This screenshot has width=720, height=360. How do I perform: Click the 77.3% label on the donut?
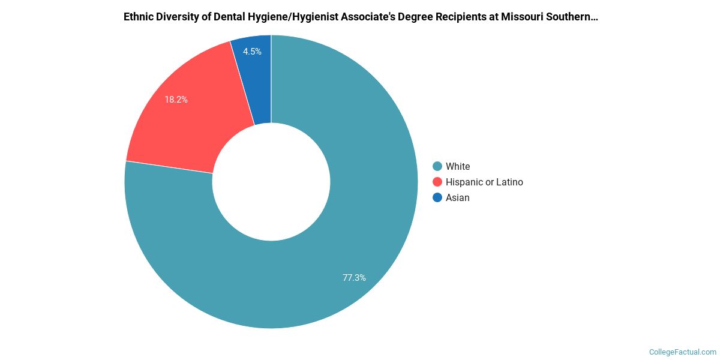(354, 278)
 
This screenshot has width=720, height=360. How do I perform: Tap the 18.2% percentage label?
(176, 100)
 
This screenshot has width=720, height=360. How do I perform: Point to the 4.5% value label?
(252, 52)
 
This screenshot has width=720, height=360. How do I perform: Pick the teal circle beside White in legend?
(437, 166)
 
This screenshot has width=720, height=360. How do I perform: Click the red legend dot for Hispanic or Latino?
(437, 182)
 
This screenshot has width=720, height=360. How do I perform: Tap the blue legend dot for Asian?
(437, 197)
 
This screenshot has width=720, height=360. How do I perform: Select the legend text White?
(458, 166)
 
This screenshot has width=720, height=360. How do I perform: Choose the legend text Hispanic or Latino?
(484, 182)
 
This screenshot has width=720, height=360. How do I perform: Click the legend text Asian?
(458, 197)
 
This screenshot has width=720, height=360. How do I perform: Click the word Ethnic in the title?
(138, 17)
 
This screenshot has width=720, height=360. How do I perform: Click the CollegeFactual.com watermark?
(683, 352)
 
